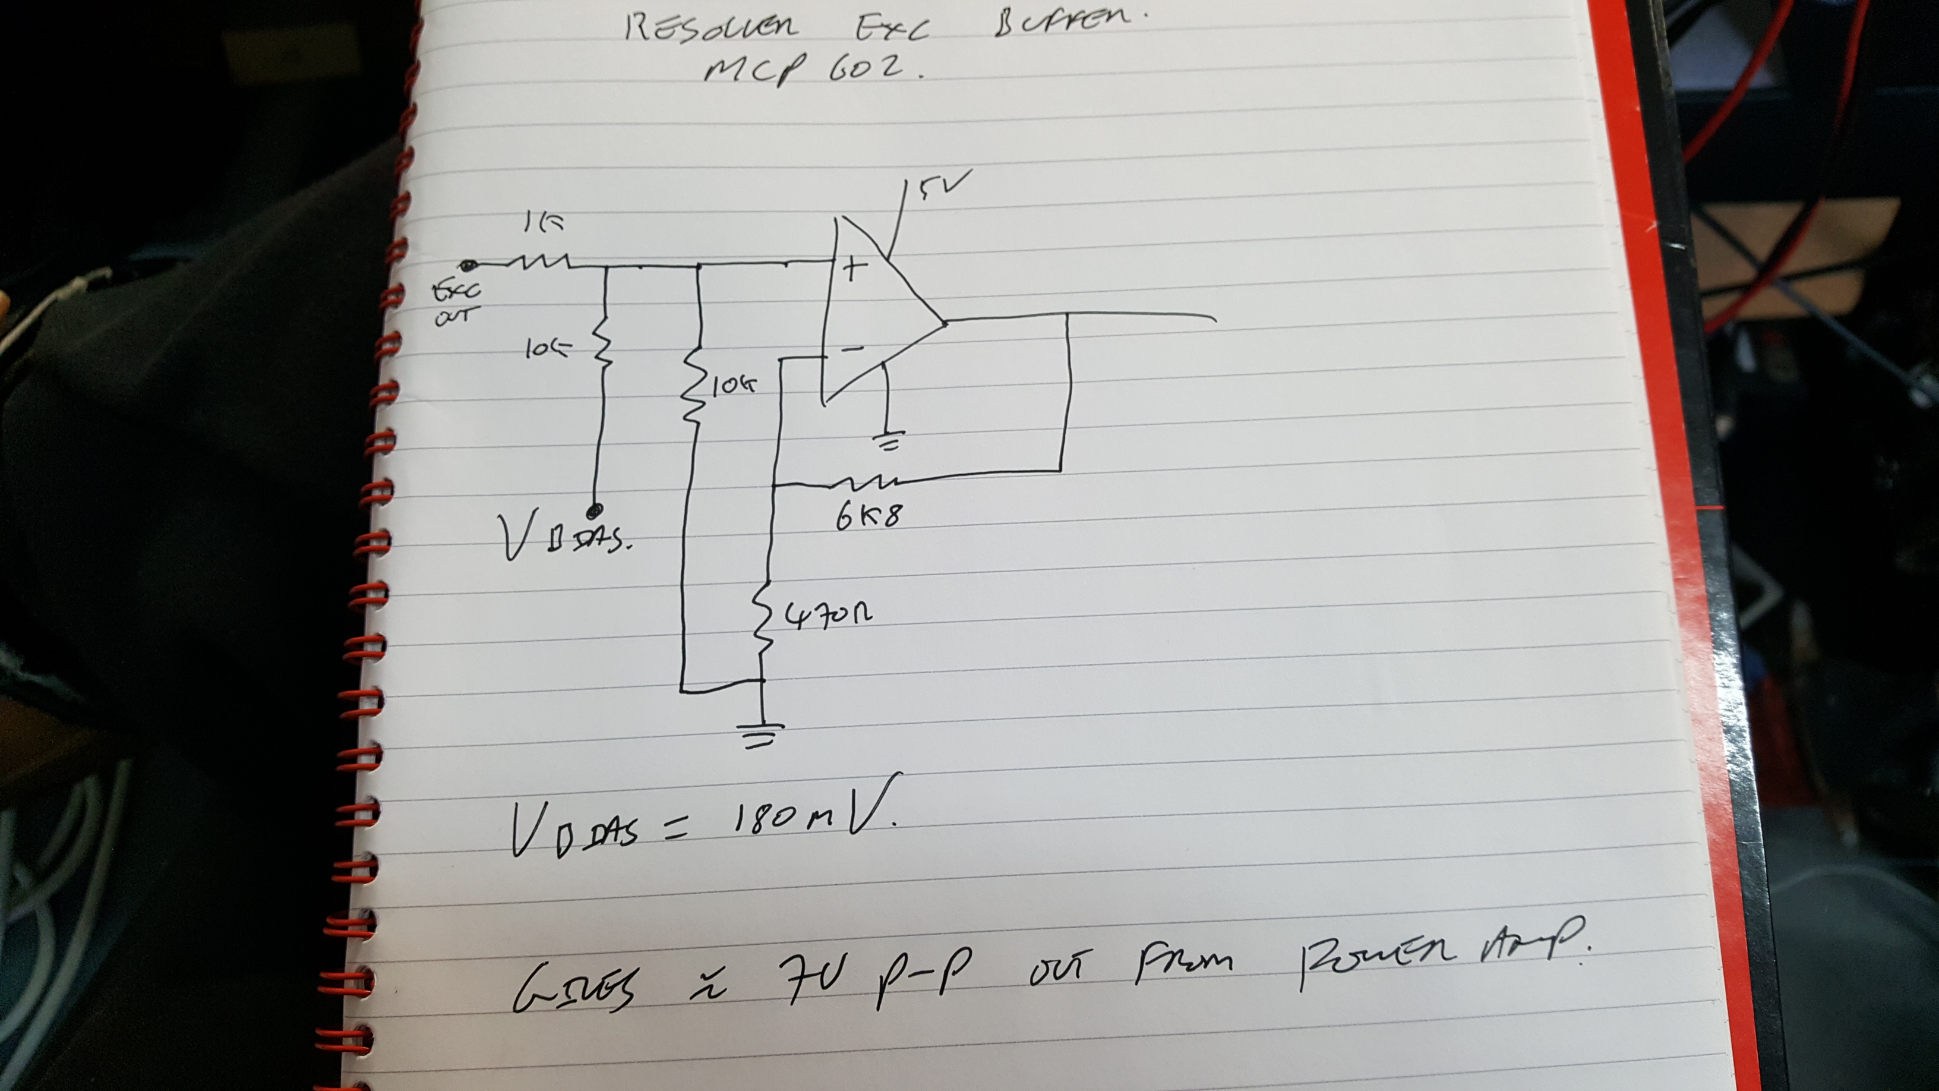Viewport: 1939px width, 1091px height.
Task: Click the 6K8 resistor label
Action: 868,515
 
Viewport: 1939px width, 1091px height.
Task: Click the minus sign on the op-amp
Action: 851,349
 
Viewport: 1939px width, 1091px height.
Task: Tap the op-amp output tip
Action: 944,322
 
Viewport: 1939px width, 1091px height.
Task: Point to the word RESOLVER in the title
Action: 710,28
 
